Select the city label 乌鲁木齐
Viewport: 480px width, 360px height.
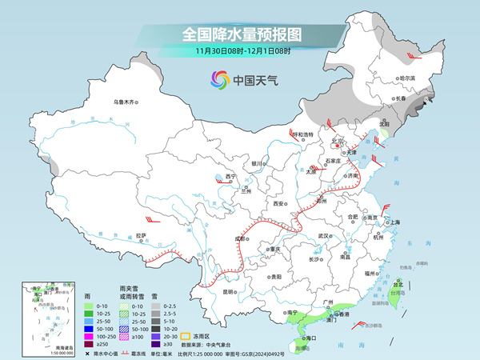click(x=125, y=102)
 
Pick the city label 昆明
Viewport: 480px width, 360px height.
click(x=228, y=291)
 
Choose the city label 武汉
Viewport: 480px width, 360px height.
click(x=324, y=236)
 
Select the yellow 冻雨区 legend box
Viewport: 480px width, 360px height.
click(x=185, y=326)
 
